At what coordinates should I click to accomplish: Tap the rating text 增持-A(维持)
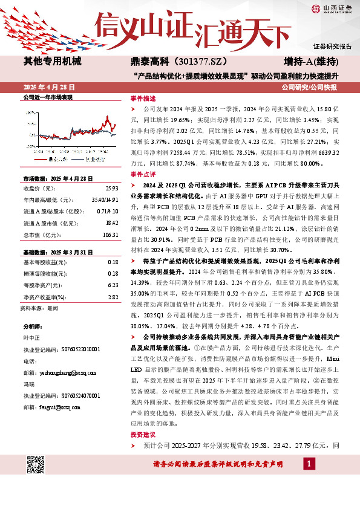tap(310, 61)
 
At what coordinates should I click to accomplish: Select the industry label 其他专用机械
tap(52, 61)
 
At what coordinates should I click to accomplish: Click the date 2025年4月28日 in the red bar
tap(51, 88)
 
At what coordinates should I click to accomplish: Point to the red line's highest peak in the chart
tap(106, 117)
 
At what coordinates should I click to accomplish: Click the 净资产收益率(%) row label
tap(44, 280)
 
